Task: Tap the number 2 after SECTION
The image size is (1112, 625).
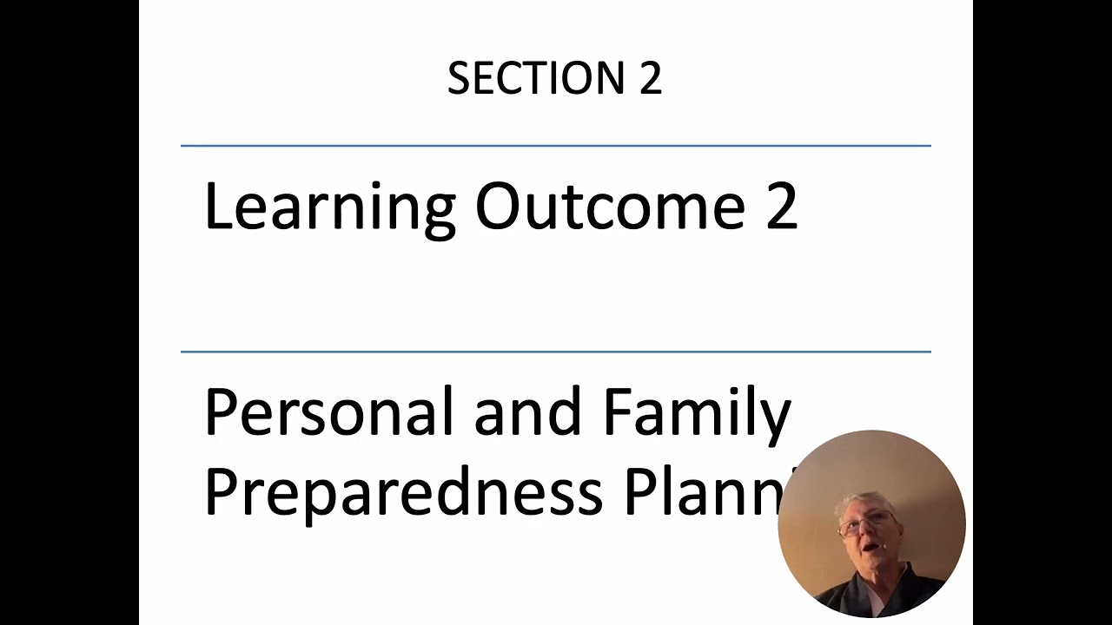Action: pyautogui.click(x=651, y=79)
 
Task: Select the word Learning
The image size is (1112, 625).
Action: pyautogui.click(x=329, y=208)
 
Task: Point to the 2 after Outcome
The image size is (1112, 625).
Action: pyautogui.click(x=781, y=208)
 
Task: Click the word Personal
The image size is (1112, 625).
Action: pyautogui.click(x=329, y=412)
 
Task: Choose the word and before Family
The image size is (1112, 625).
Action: pyautogui.click(x=527, y=412)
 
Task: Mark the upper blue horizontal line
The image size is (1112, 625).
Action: pyautogui.click(x=555, y=146)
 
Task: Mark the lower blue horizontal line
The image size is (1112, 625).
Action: pyautogui.click(x=555, y=352)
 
